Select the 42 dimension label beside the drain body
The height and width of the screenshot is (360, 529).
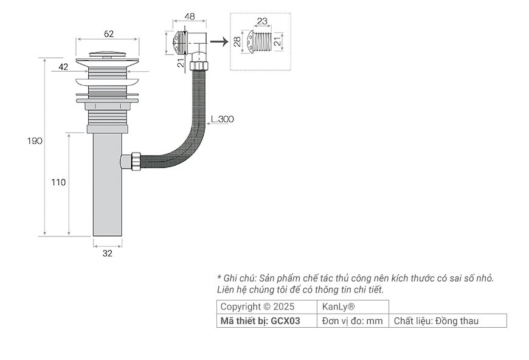point(63,67)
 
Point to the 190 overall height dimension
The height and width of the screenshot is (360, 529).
point(35,141)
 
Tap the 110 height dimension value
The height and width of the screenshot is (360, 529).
point(58,182)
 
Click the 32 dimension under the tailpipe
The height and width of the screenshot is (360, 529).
point(108,254)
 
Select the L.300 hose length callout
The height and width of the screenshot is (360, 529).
point(222,119)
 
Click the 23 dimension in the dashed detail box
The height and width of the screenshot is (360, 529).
point(261,21)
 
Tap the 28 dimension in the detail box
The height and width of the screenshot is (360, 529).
point(237,41)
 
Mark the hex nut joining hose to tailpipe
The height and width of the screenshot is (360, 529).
point(128,162)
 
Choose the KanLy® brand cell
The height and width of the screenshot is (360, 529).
point(338,306)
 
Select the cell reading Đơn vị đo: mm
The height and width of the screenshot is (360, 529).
point(352,320)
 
